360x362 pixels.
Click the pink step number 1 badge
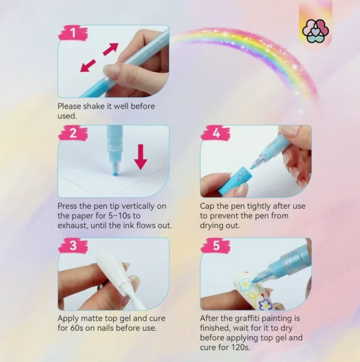73,33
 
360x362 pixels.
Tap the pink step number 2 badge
73,133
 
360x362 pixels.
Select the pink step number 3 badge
73,246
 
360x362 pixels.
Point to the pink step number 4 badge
215,133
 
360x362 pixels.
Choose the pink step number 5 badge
215,246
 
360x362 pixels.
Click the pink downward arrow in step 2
140,157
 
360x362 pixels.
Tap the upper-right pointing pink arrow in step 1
110,49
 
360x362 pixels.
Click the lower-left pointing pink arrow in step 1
88,65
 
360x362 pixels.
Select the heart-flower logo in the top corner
316,31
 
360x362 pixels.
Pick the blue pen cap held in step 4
235,180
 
